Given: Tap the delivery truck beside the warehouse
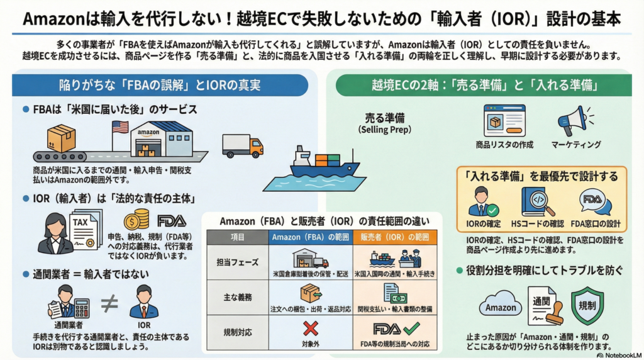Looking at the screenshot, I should coord(242,145).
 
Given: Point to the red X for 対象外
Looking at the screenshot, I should coord(311,328).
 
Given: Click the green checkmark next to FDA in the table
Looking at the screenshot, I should coord(412,328).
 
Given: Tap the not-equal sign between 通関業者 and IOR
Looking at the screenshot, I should coord(109,303).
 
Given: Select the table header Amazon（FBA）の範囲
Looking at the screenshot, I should coord(310,238).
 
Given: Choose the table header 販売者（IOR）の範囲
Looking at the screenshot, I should coord(395,238).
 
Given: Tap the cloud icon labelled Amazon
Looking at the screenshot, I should coord(501,307).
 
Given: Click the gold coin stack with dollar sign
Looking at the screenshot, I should coord(136,220).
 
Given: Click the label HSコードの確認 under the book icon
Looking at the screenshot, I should coord(537,223).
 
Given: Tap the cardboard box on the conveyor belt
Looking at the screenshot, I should coord(62,137).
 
